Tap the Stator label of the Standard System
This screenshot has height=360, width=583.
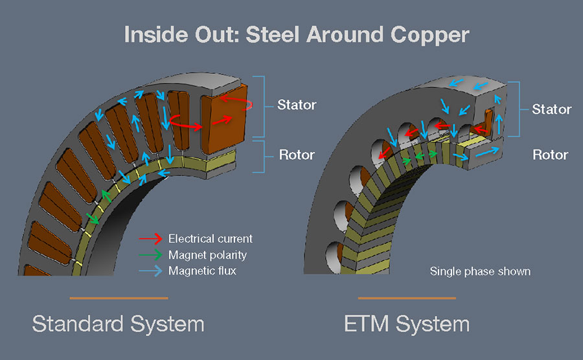(x=297, y=104)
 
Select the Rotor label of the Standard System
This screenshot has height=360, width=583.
(x=297, y=155)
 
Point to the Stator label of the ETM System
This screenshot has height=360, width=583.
(x=551, y=109)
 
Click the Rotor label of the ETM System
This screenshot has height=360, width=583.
(x=550, y=155)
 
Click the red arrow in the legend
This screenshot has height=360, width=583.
(x=150, y=239)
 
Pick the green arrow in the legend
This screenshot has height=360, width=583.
(x=150, y=254)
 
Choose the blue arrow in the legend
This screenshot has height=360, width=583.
(x=150, y=271)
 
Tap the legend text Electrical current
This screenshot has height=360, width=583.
(x=210, y=239)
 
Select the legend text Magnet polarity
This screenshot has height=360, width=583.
(x=207, y=254)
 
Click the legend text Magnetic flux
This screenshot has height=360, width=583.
(x=202, y=271)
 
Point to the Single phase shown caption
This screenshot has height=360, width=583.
(x=480, y=271)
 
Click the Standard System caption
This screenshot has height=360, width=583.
(x=118, y=323)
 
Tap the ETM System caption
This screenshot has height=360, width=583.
(x=407, y=323)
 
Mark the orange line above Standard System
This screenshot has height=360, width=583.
(x=119, y=298)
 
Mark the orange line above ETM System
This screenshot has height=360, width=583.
(x=407, y=298)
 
